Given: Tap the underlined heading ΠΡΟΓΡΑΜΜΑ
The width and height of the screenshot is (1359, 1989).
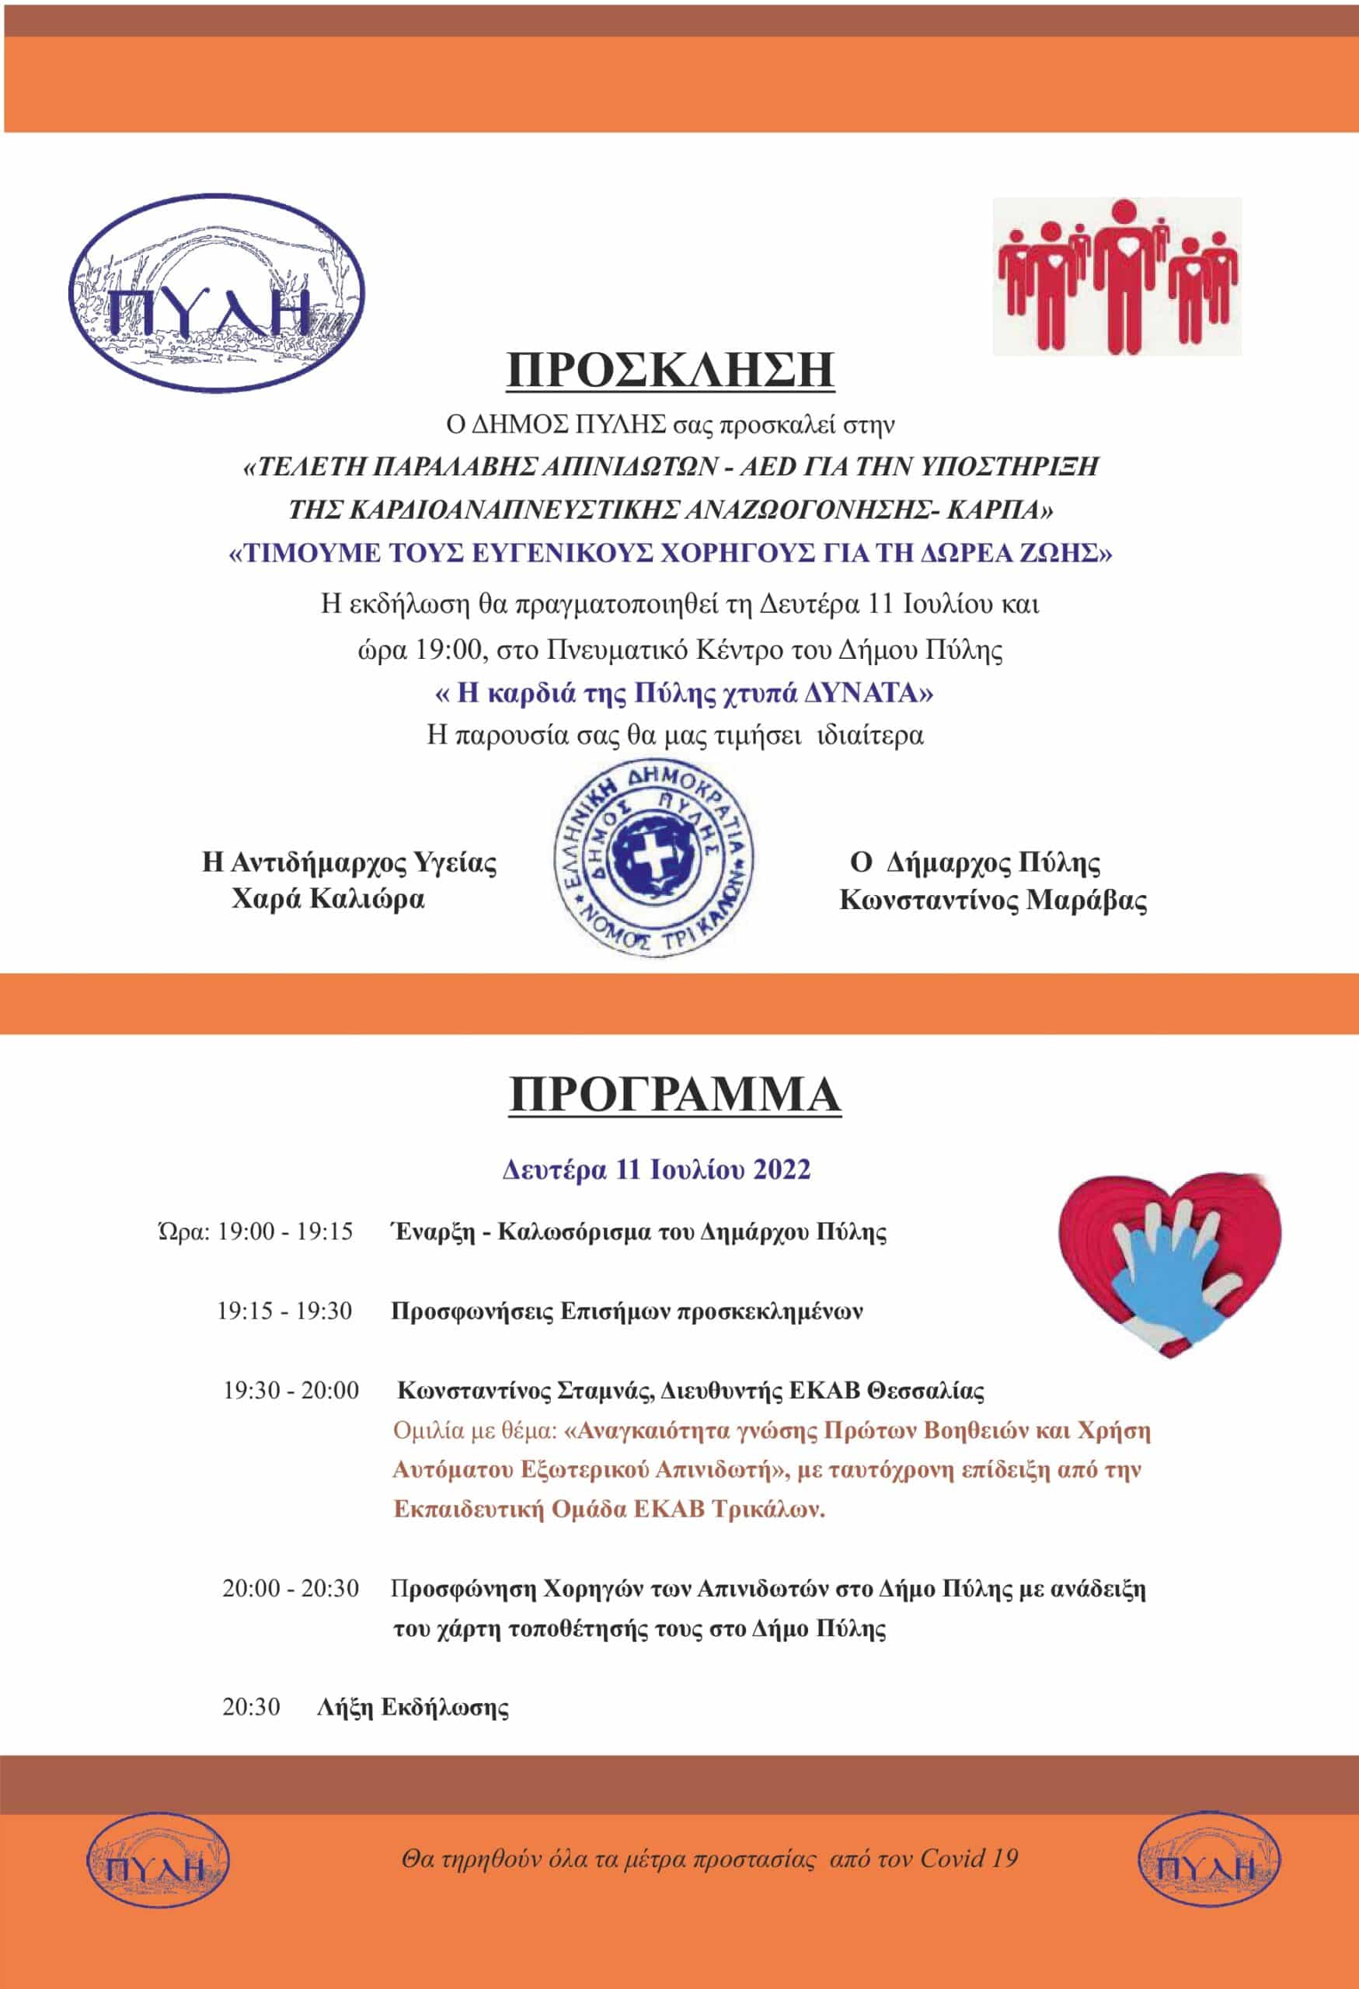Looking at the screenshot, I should pos(674,1096).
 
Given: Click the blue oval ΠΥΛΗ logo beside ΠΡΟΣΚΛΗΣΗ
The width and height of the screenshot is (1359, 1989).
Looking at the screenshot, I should pos(216,293).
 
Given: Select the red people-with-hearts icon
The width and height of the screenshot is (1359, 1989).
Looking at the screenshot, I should pos(1117,276).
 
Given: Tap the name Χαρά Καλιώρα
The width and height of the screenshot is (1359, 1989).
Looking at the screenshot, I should pos(328,900).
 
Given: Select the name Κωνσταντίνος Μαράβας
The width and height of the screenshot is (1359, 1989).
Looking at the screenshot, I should pos(993,900).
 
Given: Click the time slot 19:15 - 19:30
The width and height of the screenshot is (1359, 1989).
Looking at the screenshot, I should pos(284,1311).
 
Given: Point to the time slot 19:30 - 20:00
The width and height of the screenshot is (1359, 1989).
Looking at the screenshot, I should pos(291,1390).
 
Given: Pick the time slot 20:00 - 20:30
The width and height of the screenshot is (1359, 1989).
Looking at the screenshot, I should pos(290,1588).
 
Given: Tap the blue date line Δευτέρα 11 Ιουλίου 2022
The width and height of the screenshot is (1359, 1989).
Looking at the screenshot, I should pos(657,1169).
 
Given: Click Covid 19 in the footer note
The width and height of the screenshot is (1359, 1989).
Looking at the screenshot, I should pos(970,1858).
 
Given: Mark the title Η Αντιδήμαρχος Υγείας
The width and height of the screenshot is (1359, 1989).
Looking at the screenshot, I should pos(349,862).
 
